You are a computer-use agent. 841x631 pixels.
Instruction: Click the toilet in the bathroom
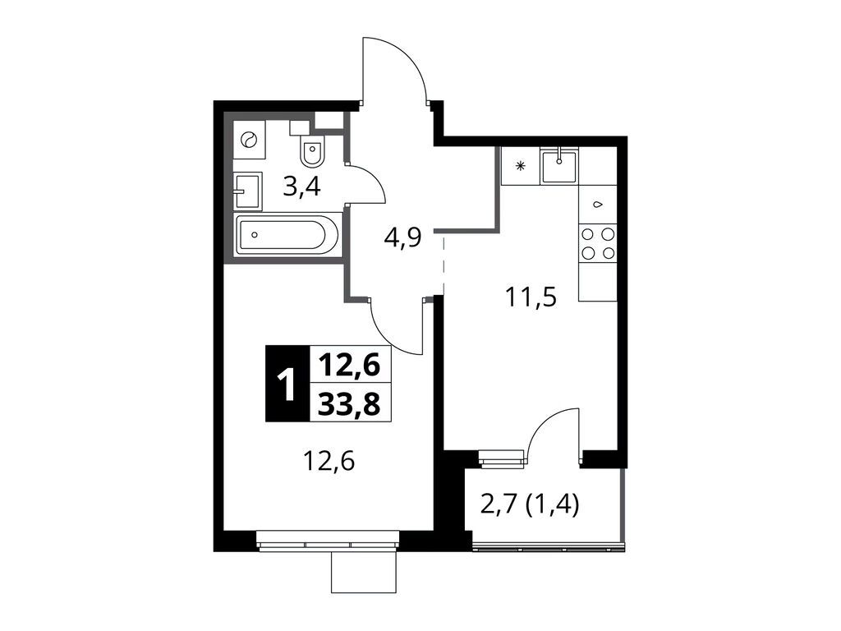(x=313, y=150)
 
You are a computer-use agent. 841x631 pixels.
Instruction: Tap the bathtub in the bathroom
(x=286, y=235)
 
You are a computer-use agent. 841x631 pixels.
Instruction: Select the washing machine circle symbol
(x=248, y=140)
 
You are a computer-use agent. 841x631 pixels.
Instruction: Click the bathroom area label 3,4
(x=301, y=187)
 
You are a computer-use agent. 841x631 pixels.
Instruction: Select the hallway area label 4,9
(x=402, y=241)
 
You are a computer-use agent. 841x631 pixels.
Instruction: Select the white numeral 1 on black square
(x=287, y=385)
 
